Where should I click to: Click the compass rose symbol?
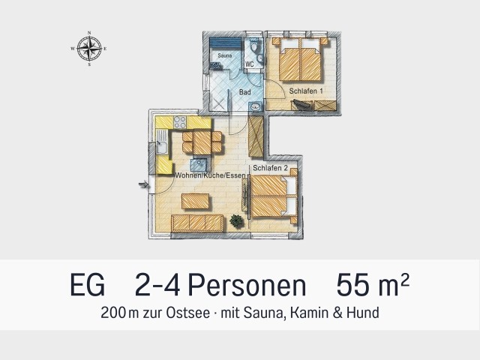point(89,48)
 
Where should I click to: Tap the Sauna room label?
point(225,55)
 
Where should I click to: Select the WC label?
point(250,64)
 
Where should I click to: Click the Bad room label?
point(245,91)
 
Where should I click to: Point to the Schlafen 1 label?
point(306,91)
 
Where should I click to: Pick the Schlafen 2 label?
point(270,168)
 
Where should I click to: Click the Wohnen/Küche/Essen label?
point(210,175)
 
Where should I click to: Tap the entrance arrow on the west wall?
point(143,184)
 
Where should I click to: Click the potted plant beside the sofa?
point(236,220)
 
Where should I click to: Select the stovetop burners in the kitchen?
point(180,122)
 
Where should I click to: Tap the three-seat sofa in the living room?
point(197,223)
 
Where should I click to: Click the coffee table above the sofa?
point(196,202)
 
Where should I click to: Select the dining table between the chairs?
point(202,142)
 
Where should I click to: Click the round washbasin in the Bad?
point(255,106)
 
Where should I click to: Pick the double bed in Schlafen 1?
point(301,60)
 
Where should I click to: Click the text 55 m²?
point(373,285)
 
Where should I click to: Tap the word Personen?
point(247,286)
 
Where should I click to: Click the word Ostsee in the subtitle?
point(188,313)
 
